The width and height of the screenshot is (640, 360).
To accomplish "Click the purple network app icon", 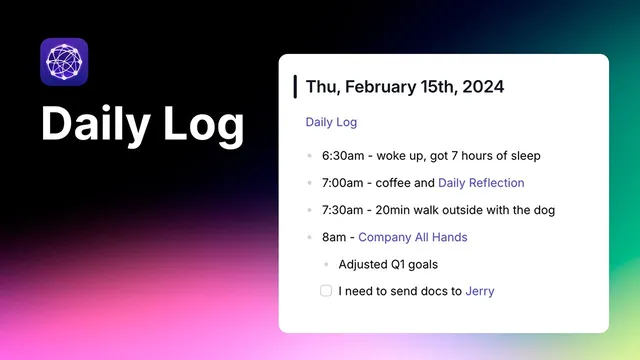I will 64,62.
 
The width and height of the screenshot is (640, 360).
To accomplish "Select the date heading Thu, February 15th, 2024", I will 405,86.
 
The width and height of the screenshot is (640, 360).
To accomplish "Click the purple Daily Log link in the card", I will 331,122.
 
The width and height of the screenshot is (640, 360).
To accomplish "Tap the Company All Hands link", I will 412,237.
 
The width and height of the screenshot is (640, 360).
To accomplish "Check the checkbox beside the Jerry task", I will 326,291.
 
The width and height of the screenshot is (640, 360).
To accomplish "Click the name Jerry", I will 480,291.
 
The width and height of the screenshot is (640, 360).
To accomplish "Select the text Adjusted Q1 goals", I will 388,264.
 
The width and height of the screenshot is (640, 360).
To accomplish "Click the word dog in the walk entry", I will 543,210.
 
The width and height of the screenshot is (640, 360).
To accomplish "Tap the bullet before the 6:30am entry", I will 310,156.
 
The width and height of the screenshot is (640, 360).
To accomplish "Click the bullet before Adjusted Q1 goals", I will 326,264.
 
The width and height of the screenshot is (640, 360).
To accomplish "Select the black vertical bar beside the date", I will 295,86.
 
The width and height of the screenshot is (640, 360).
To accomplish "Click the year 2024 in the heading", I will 483,86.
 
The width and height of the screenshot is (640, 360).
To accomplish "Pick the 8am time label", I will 335,237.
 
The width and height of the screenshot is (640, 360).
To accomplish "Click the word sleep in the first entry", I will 523,156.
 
